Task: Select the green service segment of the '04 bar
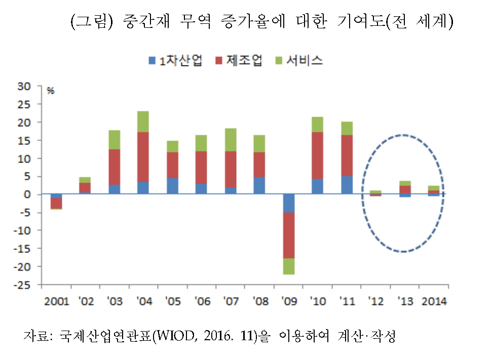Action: coord(143,121)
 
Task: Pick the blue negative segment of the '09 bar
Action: coord(288,203)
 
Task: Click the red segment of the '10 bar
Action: coord(317,156)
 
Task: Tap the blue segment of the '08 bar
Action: coord(259,186)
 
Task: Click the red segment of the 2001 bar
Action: coord(56,203)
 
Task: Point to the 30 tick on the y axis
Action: coord(24,86)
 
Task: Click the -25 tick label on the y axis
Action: coord(22,285)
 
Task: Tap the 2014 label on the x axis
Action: coord(433,301)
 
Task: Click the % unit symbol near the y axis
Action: coord(50,91)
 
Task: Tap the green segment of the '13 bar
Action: coord(404,183)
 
